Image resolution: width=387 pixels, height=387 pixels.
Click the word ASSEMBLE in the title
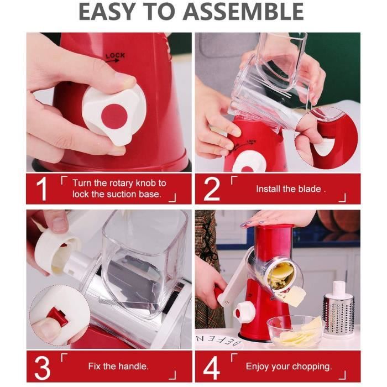(243, 12)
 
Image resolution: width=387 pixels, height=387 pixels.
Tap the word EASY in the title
(107, 12)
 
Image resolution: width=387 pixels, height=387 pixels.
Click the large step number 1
(41, 189)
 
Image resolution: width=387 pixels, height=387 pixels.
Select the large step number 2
(212, 189)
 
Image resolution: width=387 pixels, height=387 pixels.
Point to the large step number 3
(43, 367)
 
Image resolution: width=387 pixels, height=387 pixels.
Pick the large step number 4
(212, 367)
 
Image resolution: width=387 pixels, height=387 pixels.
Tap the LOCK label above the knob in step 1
(115, 56)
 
